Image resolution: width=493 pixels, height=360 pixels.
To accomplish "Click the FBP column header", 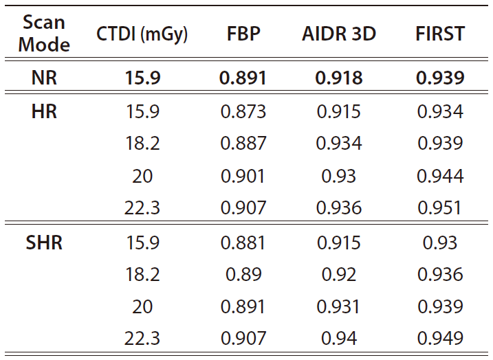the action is click(243, 34).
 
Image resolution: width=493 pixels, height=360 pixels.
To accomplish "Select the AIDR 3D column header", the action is click(339, 34).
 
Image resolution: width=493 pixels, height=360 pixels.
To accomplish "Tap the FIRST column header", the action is click(440, 34).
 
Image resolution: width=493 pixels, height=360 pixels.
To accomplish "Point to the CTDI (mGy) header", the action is click(142, 34).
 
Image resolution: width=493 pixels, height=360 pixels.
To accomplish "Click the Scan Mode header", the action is click(44, 33).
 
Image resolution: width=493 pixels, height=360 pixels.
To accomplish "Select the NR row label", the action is click(44, 78).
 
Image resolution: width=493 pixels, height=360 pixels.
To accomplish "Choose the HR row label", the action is click(44, 111).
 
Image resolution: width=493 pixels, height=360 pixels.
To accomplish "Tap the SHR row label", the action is click(44, 243).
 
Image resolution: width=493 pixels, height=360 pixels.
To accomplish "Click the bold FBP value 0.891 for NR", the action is click(243, 78).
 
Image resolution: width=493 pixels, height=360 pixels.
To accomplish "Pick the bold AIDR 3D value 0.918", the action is click(339, 78).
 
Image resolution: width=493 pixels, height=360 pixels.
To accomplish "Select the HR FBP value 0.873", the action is click(243, 112).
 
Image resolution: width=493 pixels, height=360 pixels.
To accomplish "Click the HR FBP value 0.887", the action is click(243, 144).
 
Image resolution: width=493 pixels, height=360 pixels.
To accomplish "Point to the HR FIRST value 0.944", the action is click(440, 176).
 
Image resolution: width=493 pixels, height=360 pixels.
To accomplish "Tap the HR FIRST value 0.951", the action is click(439, 208).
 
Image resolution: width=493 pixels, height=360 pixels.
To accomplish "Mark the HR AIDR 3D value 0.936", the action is click(339, 208).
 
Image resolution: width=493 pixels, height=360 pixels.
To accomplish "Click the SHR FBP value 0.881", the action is click(243, 243).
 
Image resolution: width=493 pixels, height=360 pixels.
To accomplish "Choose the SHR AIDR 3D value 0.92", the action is click(339, 275).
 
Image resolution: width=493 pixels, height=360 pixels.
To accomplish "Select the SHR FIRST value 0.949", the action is click(440, 338).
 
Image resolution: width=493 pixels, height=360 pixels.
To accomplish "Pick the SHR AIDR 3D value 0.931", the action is click(338, 306).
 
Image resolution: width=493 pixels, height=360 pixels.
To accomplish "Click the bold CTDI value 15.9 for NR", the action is click(143, 78).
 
